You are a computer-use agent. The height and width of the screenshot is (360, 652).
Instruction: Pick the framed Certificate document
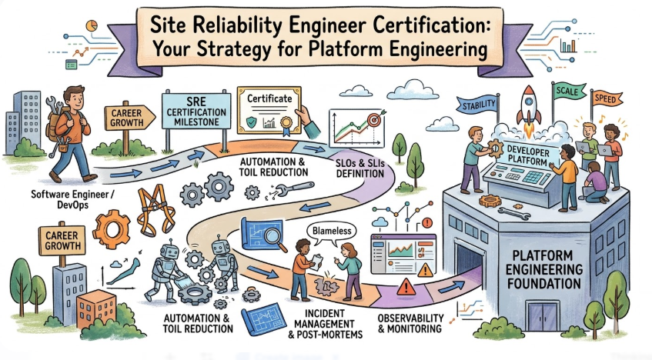pos(269,108)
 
